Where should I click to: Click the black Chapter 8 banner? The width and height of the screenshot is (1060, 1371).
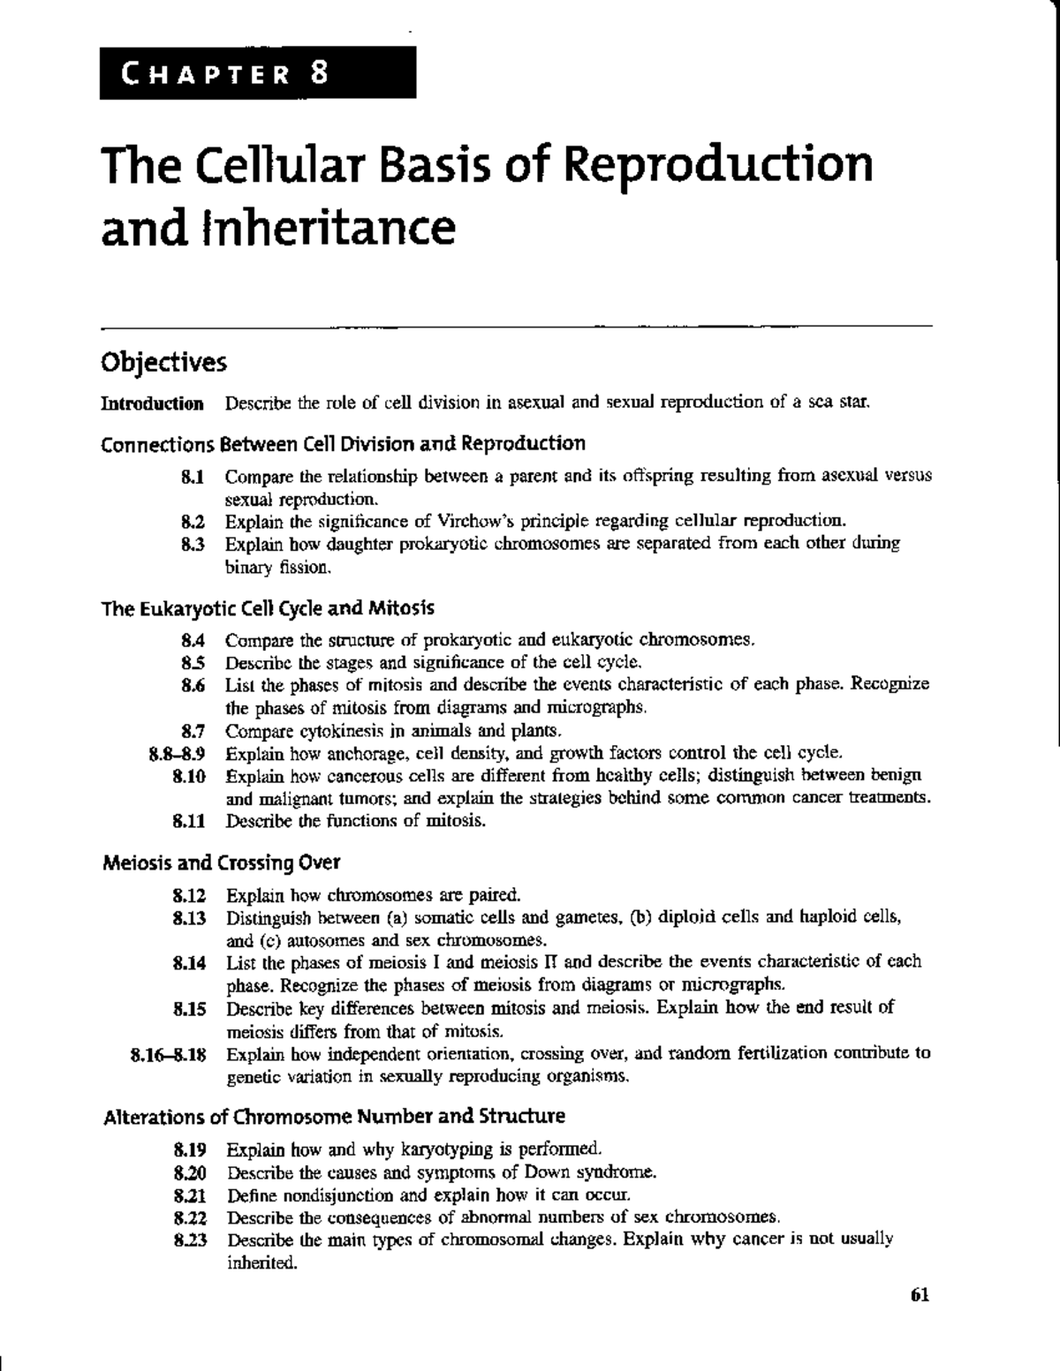[x=258, y=72]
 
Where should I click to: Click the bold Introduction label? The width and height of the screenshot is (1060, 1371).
[x=153, y=404]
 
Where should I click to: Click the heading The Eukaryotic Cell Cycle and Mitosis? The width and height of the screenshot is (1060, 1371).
[x=269, y=609]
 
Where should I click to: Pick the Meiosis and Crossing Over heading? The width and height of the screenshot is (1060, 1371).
[x=222, y=862]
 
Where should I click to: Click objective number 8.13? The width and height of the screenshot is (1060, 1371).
[x=190, y=917]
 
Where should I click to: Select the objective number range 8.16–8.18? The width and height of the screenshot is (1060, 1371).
[x=168, y=1054]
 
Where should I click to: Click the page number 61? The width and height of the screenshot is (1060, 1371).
[x=920, y=1296]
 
